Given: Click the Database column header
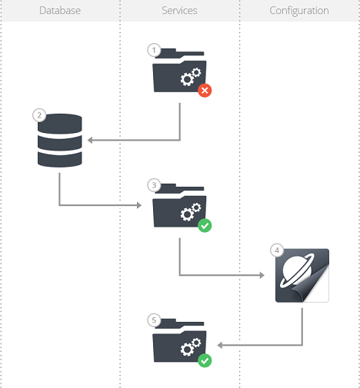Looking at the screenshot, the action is tap(60, 11).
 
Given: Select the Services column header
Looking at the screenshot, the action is tap(179, 11).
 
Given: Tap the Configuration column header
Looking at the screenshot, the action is tap(299, 11).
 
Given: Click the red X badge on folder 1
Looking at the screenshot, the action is tap(205, 91).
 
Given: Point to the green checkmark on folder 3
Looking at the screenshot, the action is tap(205, 226).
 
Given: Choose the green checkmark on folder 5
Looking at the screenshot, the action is tap(205, 360).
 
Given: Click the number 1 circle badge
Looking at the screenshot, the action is tap(154, 50).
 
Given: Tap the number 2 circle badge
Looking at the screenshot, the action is tap(39, 115).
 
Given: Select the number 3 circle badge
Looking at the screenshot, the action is tap(154, 185).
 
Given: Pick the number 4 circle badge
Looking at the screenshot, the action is tap(277, 250).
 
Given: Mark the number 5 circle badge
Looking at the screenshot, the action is tap(154, 320).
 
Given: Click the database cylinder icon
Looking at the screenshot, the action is tap(60, 141).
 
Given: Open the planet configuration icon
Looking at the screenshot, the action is tap(302, 275).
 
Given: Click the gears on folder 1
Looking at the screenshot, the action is tap(191, 77).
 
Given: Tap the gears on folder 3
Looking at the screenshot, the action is tap(191, 212).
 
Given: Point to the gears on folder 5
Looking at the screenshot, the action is tap(191, 347).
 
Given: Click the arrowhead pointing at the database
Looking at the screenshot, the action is tap(90, 140).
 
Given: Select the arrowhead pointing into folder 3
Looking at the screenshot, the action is tap(139, 205).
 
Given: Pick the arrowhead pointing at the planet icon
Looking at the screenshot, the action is tap(262, 275).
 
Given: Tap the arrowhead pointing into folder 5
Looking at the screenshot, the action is tap(220, 345).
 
